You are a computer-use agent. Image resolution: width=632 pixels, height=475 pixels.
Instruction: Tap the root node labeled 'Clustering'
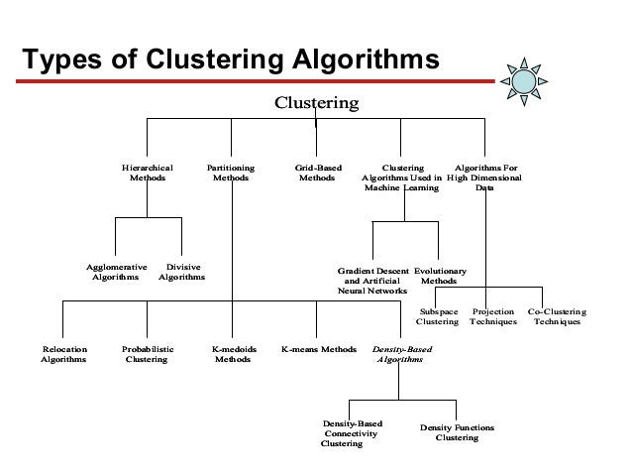point(316,102)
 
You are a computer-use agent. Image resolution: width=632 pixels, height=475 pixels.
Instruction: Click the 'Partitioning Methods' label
point(231,175)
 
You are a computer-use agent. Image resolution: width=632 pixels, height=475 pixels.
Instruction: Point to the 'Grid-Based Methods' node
point(319,175)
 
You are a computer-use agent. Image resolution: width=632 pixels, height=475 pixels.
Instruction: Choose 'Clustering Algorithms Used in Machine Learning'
point(402,178)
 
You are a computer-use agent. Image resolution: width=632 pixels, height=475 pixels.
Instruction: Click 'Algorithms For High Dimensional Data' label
point(484,178)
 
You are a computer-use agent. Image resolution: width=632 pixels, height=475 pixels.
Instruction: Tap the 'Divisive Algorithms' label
point(182,273)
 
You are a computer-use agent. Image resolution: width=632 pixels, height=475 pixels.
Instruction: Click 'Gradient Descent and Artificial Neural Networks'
point(372,282)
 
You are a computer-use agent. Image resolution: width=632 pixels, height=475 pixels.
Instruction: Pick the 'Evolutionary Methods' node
point(440,276)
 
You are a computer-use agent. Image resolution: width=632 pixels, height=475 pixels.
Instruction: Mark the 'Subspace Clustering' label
point(437,316)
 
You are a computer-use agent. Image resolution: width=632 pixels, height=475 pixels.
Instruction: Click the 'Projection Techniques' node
point(493,316)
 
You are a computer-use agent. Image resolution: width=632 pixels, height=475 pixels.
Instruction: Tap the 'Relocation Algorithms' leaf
point(63,355)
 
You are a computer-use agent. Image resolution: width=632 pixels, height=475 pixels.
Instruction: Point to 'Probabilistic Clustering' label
point(147,355)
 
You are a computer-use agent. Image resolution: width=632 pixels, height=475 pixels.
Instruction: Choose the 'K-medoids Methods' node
point(234,355)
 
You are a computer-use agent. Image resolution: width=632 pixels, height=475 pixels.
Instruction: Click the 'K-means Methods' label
point(318,350)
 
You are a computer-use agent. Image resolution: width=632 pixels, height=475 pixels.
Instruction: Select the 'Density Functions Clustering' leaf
point(457,432)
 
